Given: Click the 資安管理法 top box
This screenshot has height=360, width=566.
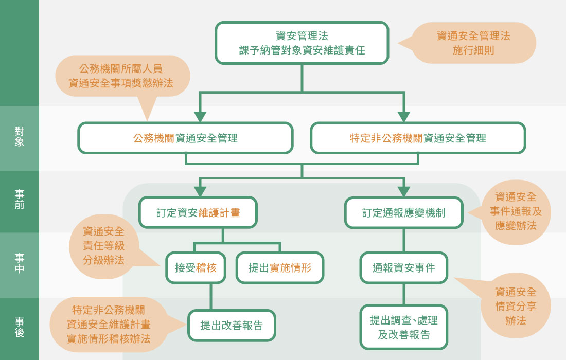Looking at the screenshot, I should pos(302,43).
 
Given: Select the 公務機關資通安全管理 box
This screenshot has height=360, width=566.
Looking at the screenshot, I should pos(185,138).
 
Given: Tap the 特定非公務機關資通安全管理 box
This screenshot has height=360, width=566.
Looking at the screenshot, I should pos(418,138).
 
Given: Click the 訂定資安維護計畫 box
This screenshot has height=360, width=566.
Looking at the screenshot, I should pos(198,212).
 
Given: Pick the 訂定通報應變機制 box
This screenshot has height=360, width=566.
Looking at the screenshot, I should pos(404,212).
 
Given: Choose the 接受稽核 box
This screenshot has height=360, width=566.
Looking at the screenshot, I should pos(196,267).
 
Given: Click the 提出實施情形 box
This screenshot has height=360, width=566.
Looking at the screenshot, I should pos(280,267).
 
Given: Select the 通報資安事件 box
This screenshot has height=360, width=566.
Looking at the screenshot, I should pos(404,267).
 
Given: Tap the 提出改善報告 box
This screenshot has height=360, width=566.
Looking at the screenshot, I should pos(232,325).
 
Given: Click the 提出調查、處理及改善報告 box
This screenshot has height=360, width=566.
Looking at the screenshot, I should pos(404,328).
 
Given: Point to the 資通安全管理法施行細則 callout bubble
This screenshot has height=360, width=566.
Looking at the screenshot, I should pos(473,43).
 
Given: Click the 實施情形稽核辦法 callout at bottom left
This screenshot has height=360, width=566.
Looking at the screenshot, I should pos(109,325).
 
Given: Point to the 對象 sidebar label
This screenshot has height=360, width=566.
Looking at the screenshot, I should pos(20,137).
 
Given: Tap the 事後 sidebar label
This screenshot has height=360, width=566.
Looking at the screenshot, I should pos(20,327).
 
